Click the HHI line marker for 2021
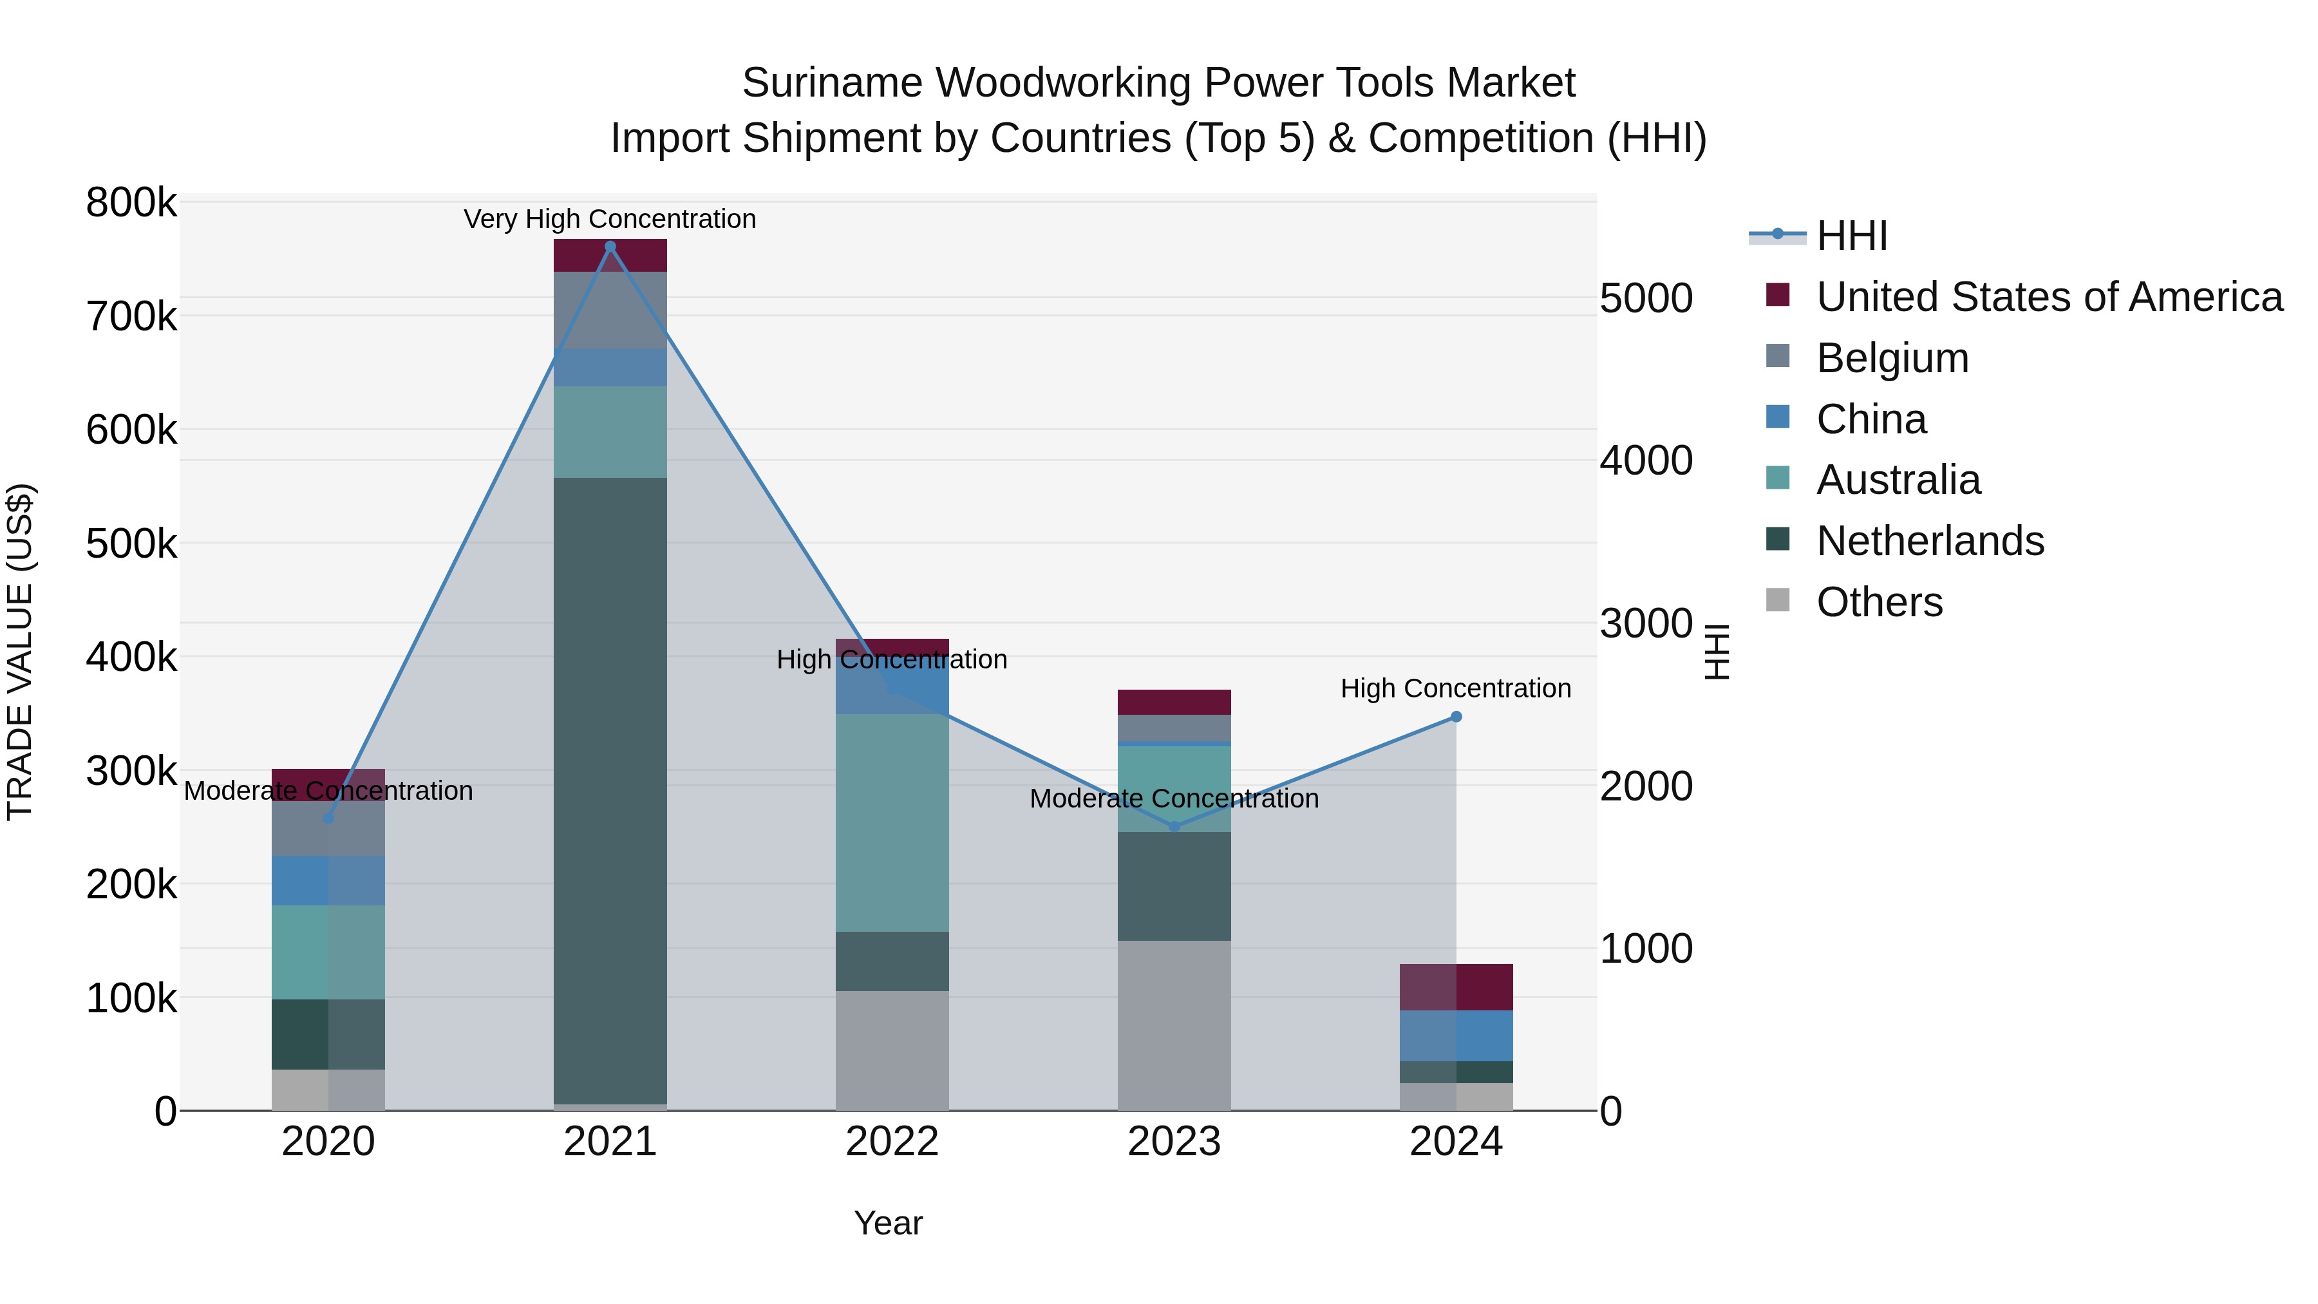[610, 247]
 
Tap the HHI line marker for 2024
[1456, 717]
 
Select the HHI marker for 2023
[1174, 826]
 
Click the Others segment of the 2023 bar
[1174, 1025]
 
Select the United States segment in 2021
[610, 256]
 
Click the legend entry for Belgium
[1892, 358]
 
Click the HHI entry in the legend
[1851, 236]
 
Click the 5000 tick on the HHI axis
[1646, 299]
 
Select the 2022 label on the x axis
[892, 1142]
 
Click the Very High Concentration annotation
[610, 219]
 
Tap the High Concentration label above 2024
[1455, 688]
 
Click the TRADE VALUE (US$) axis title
[21, 652]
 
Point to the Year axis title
[888, 1223]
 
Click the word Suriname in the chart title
[831, 83]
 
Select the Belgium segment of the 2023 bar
[1174, 727]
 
